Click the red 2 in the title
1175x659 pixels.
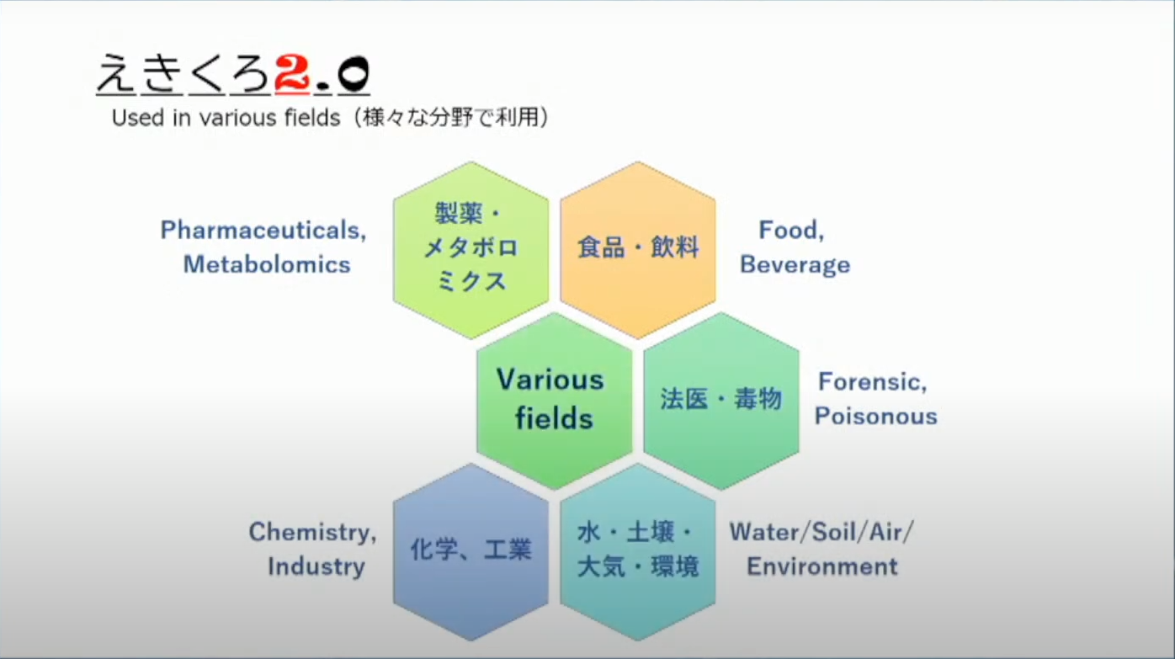click(x=292, y=74)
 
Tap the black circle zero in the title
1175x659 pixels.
click(x=354, y=74)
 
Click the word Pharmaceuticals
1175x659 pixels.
click(x=263, y=230)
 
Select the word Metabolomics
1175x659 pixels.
click(x=267, y=264)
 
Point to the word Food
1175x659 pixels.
click(x=791, y=230)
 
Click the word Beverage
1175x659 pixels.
click(x=795, y=265)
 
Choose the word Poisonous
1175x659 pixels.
click(x=876, y=416)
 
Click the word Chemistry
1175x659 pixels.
click(x=312, y=533)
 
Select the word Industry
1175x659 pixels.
click(x=316, y=567)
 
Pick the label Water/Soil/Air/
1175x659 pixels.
click(x=821, y=532)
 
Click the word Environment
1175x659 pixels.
click(x=822, y=566)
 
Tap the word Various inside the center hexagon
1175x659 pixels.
click(x=550, y=380)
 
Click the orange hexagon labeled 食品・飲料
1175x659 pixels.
click(x=638, y=250)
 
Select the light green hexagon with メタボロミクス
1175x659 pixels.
click(x=471, y=250)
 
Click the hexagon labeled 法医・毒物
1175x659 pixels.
click(x=721, y=401)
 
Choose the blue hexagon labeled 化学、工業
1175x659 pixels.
click(x=471, y=552)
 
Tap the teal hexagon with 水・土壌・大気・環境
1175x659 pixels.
click(x=638, y=552)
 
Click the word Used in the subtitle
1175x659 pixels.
click(x=137, y=118)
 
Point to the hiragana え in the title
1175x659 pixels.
click(x=116, y=74)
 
